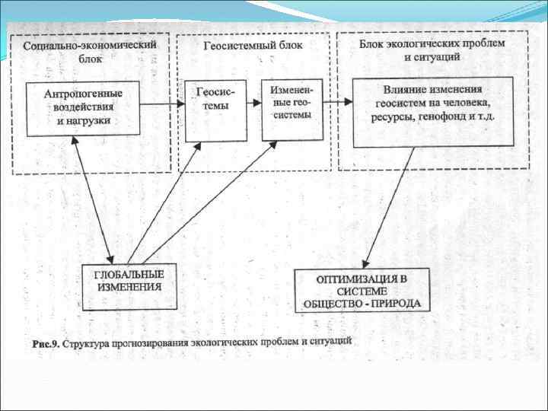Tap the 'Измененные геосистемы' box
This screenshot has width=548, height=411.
tap(292, 108)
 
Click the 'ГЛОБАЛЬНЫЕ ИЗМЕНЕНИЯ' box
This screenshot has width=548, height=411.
tap(129, 286)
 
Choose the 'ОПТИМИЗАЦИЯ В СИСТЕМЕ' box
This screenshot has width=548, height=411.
tap(362, 290)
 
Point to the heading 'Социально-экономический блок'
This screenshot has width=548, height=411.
tap(90, 51)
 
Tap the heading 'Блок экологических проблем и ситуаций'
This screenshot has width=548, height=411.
tap(432, 49)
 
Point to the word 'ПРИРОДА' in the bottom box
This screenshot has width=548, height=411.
tap(397, 303)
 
